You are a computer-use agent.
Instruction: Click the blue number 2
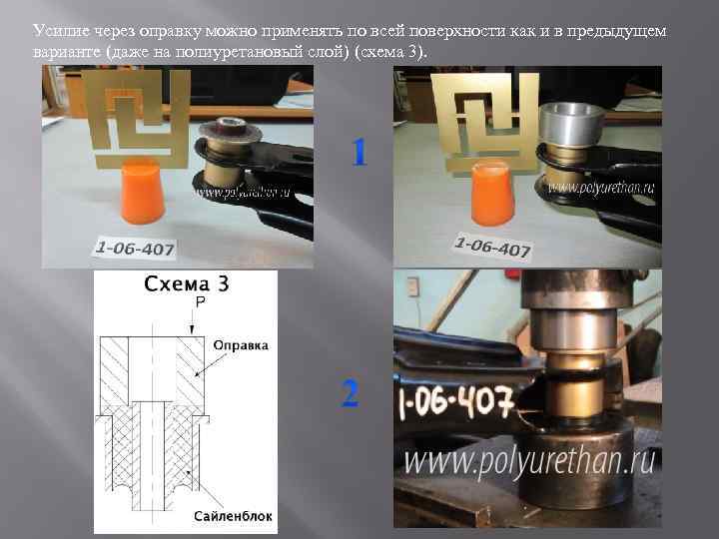click(351, 394)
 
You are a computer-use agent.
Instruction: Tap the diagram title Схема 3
click(186, 283)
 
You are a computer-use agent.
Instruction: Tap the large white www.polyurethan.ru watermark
click(529, 460)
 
